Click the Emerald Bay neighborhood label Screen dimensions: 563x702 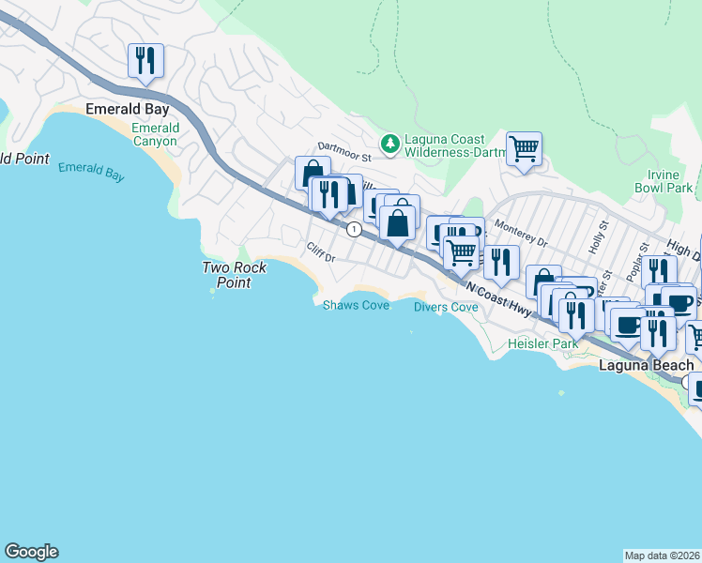(127, 109)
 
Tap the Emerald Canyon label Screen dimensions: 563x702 (155, 134)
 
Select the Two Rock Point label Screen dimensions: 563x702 (235, 274)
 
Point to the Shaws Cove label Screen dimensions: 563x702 (356, 306)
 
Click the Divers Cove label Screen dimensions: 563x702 (446, 307)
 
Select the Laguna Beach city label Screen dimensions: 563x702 (647, 365)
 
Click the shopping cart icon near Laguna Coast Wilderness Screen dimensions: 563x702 (524, 148)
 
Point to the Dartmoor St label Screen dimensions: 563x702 (345, 146)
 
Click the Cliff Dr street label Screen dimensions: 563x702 (320, 252)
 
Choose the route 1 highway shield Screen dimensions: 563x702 (353, 229)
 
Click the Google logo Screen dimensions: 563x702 (31, 552)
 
